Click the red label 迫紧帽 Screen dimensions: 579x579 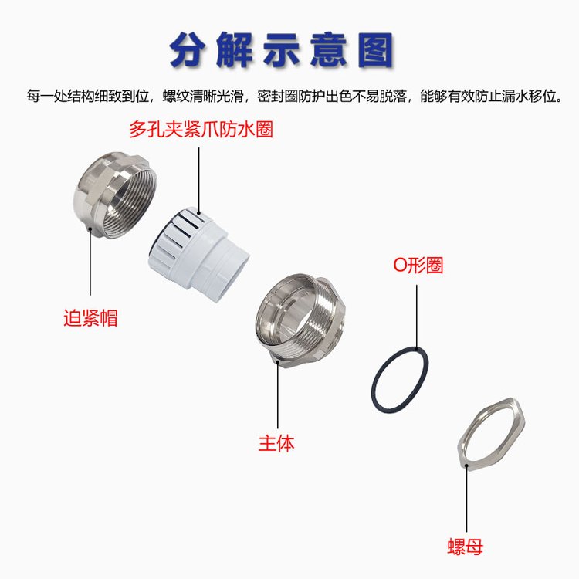[x=90, y=317]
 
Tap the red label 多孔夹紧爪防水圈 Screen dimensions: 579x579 [x=201, y=130]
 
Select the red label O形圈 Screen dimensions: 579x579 [x=418, y=265]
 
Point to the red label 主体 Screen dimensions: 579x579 [x=276, y=443]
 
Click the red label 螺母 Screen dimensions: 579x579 [x=466, y=547]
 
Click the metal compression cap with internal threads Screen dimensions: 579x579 [x=114, y=195]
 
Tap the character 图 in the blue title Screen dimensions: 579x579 [x=375, y=50]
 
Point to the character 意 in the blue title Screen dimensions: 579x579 [x=330, y=50]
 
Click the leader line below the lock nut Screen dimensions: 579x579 [x=466, y=498]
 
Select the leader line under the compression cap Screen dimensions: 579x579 [x=90, y=262]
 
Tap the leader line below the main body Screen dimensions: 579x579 [x=278, y=394]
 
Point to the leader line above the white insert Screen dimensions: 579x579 [x=198, y=181]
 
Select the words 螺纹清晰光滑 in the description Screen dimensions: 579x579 [x=203, y=96]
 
